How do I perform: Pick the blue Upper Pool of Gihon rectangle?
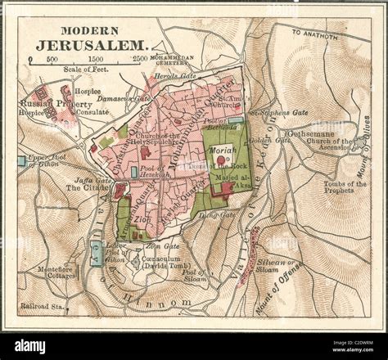[21, 161]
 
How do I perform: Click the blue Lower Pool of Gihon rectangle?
[97, 256]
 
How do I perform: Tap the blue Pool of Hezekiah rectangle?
[133, 173]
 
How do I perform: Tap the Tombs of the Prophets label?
[345, 188]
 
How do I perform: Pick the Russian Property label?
[46, 106]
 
